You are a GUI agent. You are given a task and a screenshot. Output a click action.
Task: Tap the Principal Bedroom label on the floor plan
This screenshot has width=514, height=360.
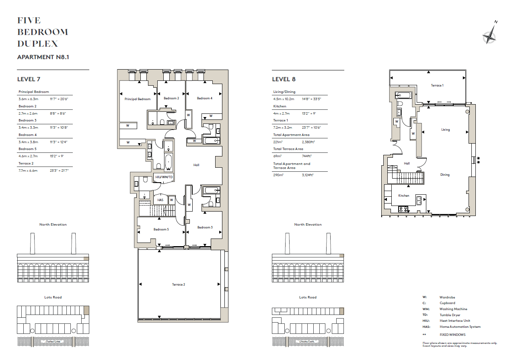[138, 99]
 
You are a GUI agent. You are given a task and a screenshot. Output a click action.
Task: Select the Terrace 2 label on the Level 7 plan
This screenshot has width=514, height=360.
[179, 284]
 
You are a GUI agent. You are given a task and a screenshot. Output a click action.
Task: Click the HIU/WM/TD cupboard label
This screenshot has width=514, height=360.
[164, 177]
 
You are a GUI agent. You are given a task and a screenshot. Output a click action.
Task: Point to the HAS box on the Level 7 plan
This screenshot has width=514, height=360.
[160, 200]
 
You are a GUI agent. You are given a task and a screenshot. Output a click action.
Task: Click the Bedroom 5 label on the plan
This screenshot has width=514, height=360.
[161, 229]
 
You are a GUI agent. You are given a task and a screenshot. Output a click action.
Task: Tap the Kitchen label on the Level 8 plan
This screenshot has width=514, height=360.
[404, 196]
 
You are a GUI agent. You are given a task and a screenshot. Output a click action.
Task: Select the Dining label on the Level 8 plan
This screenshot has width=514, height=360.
[445, 175]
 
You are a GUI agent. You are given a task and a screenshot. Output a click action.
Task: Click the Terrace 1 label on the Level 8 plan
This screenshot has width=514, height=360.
[437, 85]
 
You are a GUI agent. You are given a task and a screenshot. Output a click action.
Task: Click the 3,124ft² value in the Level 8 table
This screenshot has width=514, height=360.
[308, 175]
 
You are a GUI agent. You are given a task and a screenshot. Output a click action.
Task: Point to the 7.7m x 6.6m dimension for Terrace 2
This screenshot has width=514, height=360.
[28, 171]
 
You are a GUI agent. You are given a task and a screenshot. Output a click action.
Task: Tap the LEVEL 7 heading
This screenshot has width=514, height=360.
[29, 79]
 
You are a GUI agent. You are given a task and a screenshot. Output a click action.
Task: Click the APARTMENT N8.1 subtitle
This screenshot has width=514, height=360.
[43, 57]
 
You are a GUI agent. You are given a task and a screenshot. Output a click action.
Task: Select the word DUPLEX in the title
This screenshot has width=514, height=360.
[38, 43]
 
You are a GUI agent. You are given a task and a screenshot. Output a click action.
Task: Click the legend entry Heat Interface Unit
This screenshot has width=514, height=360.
[455, 321]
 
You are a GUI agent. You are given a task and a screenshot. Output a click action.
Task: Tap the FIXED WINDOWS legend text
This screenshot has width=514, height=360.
[452, 335]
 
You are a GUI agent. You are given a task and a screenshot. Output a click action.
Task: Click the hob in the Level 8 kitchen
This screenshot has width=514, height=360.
[403, 209]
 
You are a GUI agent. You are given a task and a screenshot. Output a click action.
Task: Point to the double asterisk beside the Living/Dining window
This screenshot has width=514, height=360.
[479, 160]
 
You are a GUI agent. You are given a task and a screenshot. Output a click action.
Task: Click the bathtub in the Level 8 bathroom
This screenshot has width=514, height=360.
[403, 95]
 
